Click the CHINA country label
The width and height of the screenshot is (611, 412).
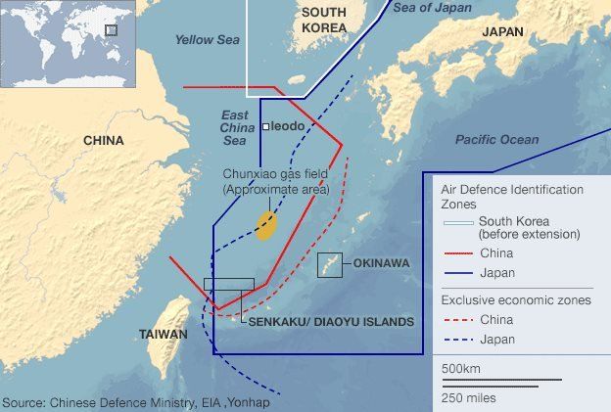(103, 141)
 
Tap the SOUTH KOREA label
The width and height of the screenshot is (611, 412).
(324, 20)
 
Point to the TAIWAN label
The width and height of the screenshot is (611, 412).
(163, 335)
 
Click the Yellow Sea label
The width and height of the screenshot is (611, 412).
(207, 40)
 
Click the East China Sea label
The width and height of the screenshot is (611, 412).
(233, 127)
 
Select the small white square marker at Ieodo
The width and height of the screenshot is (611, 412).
(265, 127)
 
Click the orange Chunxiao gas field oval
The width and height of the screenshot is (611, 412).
(265, 225)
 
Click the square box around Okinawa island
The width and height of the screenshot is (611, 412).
(329, 264)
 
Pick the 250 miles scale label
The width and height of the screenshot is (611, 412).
(468, 397)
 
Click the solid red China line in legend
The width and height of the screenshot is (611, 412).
(456, 253)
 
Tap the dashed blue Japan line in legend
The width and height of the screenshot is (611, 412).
(456, 340)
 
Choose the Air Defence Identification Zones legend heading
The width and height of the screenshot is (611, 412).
(511, 197)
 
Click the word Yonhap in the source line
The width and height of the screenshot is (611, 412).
(249, 402)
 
